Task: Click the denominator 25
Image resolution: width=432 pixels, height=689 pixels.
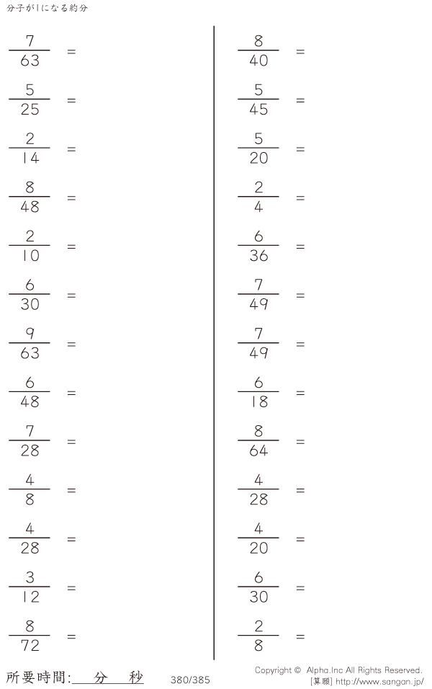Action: coord(30,110)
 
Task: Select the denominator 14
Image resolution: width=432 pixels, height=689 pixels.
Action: coord(30,158)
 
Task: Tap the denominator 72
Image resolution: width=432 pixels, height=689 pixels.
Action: coord(30,646)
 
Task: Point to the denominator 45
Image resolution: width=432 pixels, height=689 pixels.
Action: coord(258,110)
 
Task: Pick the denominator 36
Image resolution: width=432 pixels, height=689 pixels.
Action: coord(258,256)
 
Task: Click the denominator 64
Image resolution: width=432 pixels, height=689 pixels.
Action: coord(258,450)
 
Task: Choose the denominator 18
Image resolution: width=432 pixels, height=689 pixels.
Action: coord(259,401)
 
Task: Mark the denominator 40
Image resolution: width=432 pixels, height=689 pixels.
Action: coord(258,61)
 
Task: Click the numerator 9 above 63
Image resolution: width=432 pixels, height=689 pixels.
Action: coord(30,334)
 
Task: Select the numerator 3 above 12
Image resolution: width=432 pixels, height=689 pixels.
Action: coord(30,577)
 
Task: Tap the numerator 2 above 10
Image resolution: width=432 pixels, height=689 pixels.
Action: coord(30,236)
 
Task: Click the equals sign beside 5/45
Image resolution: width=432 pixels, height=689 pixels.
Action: coord(300,101)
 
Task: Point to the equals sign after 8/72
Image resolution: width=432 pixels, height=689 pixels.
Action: coord(71,636)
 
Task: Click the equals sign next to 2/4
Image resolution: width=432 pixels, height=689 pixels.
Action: coord(300,198)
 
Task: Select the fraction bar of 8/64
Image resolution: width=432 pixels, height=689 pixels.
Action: coord(258,440)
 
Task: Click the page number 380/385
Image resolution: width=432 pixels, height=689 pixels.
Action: coord(190,680)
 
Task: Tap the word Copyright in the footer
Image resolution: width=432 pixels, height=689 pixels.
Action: coord(273,670)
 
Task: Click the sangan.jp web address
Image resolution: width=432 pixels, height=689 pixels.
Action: coord(379,682)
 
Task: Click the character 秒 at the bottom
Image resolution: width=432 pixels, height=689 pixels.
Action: coord(136,677)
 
